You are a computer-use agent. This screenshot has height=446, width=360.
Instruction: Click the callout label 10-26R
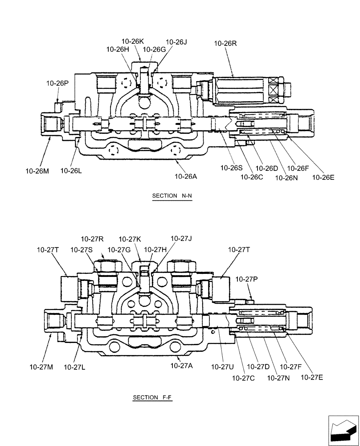[225, 43]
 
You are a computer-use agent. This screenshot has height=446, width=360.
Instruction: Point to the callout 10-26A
[186, 176]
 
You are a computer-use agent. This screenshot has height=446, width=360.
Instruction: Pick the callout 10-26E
[323, 177]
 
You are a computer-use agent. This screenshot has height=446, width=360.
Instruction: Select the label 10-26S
[232, 168]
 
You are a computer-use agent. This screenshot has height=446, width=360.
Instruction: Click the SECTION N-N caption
[172, 196]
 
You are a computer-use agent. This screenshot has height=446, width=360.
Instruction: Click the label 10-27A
[181, 366]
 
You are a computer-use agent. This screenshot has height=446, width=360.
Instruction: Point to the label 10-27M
[41, 367]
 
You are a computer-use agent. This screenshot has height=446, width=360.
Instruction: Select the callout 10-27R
[92, 239]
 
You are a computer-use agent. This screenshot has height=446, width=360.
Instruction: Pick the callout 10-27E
[312, 377]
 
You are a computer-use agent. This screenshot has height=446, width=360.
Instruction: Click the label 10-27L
[75, 367]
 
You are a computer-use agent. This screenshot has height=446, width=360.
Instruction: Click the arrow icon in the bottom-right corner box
[343, 429]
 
